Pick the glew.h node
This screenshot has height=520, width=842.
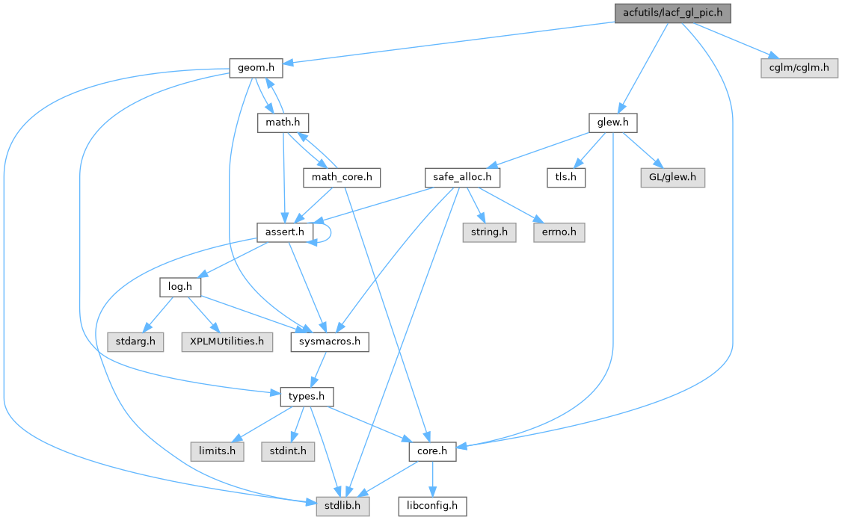click(612, 123)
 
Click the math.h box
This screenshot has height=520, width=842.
click(283, 123)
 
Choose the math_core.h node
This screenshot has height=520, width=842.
click(342, 178)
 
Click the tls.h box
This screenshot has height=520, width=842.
click(565, 178)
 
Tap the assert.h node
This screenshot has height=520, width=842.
click(284, 232)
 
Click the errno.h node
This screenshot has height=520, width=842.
click(558, 232)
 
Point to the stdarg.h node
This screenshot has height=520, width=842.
click(136, 342)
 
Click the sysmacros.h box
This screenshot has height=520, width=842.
click(330, 342)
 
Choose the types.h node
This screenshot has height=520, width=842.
click(307, 396)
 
